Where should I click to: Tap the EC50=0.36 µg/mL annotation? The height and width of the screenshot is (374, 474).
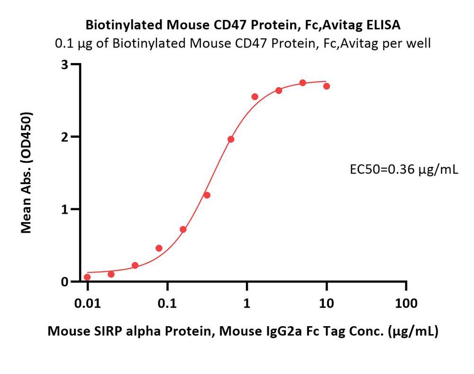[403, 169]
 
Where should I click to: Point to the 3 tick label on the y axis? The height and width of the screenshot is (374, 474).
[67, 64]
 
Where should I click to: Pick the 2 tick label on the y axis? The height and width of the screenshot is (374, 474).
[67, 137]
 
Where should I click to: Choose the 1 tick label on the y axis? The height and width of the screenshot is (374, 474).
[67, 209]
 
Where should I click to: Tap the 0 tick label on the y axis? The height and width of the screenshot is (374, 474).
[67, 282]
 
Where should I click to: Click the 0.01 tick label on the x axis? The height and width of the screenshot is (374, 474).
[87, 303]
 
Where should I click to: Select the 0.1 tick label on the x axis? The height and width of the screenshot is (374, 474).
[167, 303]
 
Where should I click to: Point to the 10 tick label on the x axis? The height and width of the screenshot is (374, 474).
[327, 303]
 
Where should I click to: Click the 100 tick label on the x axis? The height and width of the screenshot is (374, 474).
[406, 303]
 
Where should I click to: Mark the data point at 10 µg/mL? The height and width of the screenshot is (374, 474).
[327, 86]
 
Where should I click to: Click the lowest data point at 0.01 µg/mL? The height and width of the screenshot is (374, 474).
[87, 277]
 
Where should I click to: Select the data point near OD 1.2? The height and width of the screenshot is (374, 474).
[207, 195]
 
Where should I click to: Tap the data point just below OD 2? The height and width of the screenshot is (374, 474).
[231, 139]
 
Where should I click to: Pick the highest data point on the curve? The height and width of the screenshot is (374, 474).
[303, 83]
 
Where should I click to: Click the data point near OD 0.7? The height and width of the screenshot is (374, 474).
[183, 230]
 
